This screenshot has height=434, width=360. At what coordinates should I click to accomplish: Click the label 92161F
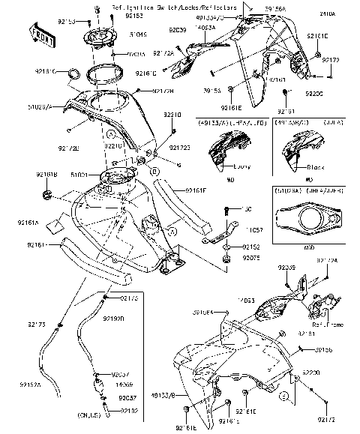pyautogui.click(x=197, y=190)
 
